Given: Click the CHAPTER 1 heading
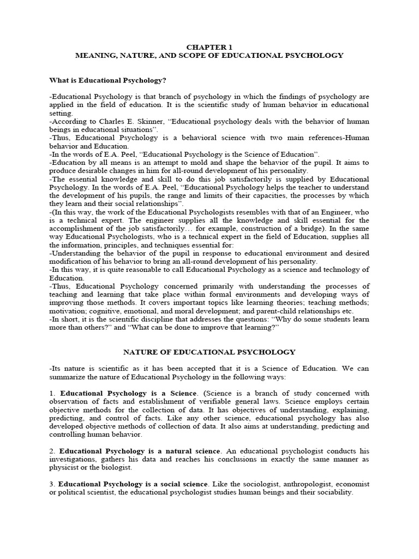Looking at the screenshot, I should (209, 47).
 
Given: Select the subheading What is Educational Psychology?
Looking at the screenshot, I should (107, 80).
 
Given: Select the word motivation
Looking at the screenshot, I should (68, 311).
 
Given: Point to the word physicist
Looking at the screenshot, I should (65, 467).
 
